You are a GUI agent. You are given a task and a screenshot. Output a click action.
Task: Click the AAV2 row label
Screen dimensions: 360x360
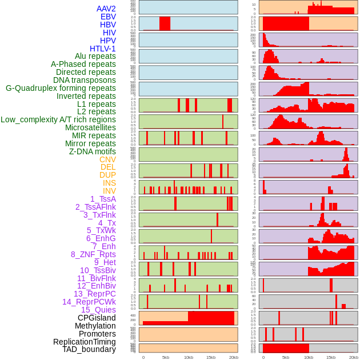tap(106, 9)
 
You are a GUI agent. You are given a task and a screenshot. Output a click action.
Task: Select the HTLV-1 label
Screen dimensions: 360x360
tap(103, 49)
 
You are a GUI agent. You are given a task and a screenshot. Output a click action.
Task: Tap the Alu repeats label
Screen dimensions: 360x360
tap(95, 56)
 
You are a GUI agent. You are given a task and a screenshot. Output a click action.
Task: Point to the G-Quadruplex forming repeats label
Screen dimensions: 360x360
tap(61, 88)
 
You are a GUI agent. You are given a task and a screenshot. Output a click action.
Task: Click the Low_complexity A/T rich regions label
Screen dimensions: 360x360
tap(58, 119)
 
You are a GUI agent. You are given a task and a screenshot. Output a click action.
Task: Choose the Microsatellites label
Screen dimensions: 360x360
tap(90, 127)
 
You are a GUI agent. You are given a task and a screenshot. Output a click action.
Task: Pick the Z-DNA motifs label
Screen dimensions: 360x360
tap(93, 151)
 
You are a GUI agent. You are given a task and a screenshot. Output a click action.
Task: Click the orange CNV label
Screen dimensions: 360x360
tap(107, 159)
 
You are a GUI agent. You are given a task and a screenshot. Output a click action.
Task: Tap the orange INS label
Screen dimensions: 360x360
tap(109, 183)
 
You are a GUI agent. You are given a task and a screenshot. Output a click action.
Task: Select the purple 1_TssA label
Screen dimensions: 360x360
tap(103, 199)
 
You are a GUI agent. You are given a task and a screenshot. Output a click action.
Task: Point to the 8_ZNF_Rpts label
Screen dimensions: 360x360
tap(93, 254)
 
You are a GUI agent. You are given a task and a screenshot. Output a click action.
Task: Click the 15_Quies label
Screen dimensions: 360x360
tap(98, 310)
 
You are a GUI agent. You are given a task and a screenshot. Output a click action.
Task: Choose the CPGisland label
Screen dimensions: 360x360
tap(97, 318)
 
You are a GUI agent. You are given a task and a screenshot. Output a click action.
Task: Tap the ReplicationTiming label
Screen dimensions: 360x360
tap(85, 342)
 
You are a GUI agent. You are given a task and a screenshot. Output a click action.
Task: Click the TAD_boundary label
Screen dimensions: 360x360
tap(89, 349)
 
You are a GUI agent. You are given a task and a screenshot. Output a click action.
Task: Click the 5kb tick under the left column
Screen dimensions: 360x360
tap(166, 357)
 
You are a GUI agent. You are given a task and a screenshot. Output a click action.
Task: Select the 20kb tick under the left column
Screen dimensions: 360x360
tap(233, 357)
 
